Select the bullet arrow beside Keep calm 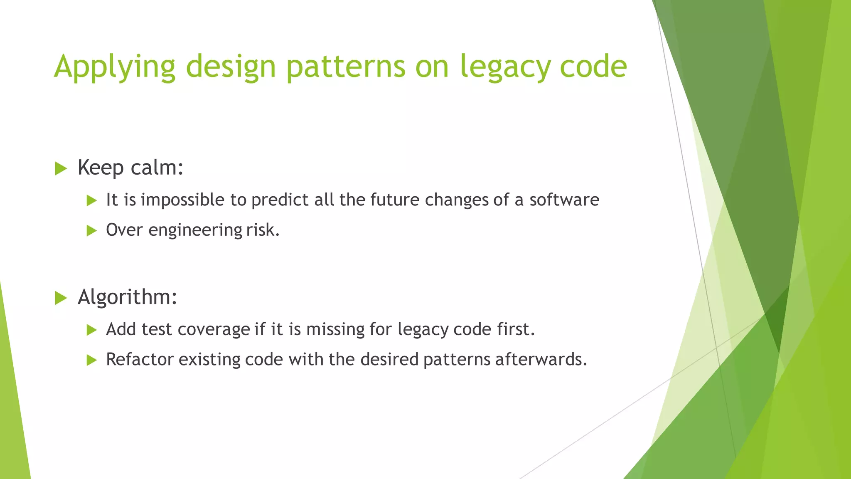pyautogui.click(x=61, y=169)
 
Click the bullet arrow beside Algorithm pyautogui.click(x=61, y=298)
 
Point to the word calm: pyautogui.click(x=157, y=168)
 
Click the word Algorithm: pyautogui.click(x=128, y=297)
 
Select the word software pyautogui.click(x=564, y=200)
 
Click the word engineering pyautogui.click(x=194, y=230)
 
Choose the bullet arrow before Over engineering pyautogui.click(x=91, y=231)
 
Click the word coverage pyautogui.click(x=214, y=330)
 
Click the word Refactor pyautogui.click(x=140, y=360)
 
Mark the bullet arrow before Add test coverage pyautogui.click(x=91, y=330)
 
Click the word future pyautogui.click(x=395, y=200)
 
